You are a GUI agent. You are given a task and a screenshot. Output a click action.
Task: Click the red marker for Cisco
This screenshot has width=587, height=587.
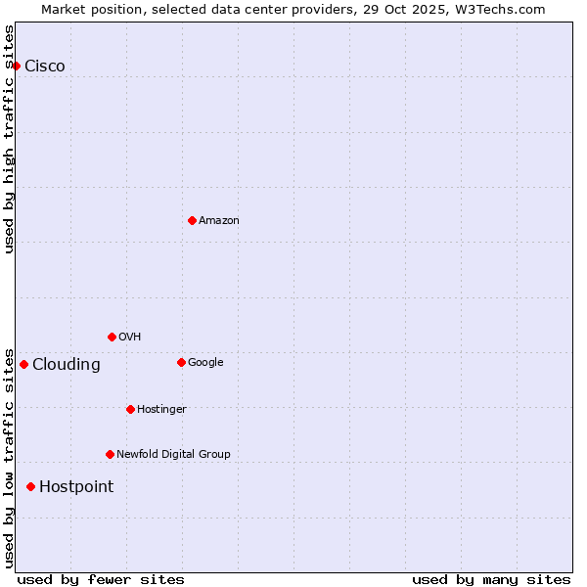coord(17,66)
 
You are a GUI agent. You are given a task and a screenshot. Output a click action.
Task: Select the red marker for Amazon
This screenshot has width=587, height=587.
coord(192,220)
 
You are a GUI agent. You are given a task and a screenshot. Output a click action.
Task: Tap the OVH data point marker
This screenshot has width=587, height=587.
coord(112,337)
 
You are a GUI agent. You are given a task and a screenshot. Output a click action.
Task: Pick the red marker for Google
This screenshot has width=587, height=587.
coord(181,362)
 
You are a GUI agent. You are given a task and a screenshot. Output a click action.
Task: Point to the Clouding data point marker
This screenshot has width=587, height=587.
coord(23,364)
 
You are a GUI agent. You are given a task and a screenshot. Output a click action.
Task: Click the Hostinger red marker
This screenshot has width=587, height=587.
coord(130,409)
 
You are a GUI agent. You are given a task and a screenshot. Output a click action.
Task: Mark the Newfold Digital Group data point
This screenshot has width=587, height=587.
coord(110,454)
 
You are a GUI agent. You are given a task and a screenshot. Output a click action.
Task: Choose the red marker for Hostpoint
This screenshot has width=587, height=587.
coord(30,486)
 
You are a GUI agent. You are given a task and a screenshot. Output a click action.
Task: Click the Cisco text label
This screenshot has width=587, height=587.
coord(45,66)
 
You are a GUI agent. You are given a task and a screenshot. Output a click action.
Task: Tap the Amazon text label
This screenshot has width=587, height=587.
coord(219,220)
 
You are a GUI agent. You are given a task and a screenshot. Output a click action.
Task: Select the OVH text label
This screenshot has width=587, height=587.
coord(130,337)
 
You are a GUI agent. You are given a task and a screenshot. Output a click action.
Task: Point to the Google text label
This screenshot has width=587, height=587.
coord(205,362)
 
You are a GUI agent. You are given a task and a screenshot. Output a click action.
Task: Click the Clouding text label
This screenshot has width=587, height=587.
coord(67,364)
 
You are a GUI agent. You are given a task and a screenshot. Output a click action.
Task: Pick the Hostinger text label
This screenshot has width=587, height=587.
coord(161,409)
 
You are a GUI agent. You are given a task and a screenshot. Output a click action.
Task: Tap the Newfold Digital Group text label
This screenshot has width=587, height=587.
coord(173,454)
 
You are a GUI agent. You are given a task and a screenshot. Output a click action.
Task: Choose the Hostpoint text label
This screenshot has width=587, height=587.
coord(76,486)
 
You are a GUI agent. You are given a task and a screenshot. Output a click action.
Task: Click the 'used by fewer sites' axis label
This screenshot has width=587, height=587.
coord(101,579)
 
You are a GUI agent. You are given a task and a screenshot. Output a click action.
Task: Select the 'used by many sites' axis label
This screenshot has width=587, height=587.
coord(491,579)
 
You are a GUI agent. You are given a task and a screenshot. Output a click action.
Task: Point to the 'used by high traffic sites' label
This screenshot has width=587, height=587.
coord(9,139)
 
